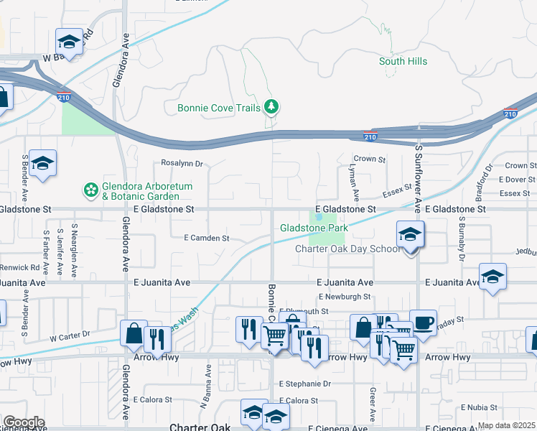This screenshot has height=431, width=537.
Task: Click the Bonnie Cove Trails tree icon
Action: coord(271,108)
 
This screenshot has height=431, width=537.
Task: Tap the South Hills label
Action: coord(403,61)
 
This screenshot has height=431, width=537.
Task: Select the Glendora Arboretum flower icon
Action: coord(91,190)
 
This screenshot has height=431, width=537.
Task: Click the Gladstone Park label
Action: coord(314,228)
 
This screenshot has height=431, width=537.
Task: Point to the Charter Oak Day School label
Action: coord(348,249)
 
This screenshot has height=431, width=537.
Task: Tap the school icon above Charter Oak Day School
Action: coord(410,235)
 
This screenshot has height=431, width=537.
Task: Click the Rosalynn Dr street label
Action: coord(182,163)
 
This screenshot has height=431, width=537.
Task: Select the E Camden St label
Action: coord(206,238)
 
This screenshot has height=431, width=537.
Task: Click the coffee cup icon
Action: coord(423,322)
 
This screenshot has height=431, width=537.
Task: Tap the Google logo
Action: coord(23,422)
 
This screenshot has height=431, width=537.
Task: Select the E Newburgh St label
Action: coord(344,296)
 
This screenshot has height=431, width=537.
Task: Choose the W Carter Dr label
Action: coord(70,335)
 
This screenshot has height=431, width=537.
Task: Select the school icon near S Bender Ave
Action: coord(43,164)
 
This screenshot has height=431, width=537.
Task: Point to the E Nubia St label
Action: coord(484,407)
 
